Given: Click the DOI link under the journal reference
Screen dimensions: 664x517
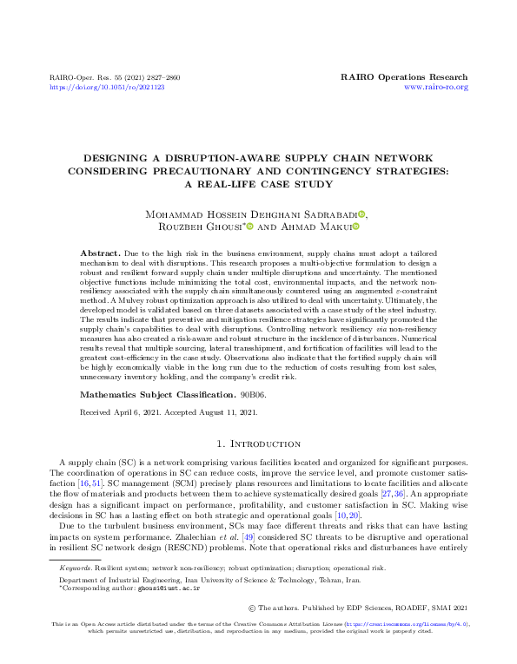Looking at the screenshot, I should [x=107, y=88].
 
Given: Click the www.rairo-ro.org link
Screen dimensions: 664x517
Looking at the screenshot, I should [x=436, y=88].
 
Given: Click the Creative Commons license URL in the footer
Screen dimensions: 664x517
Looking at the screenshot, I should [x=406, y=648].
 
